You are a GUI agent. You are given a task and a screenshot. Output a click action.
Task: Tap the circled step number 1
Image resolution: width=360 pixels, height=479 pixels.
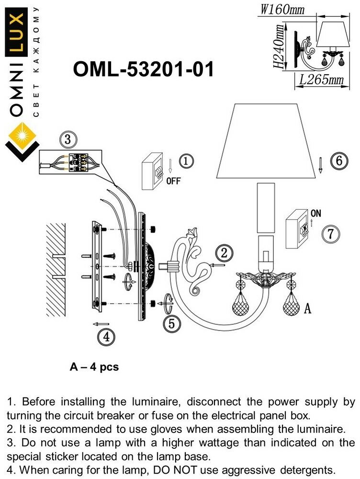pos(186,161)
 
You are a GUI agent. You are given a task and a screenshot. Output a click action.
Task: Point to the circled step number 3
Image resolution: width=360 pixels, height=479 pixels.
pos(67,140)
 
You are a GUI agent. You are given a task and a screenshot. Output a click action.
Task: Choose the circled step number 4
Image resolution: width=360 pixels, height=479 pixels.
pos(106,337)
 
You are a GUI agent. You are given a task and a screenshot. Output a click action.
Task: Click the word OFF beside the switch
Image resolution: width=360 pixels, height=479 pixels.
pos(173,182)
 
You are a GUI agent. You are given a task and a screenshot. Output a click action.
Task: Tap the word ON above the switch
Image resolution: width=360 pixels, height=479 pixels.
pos(316,213)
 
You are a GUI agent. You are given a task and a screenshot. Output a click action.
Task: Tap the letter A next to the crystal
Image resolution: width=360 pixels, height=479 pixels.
pos(307,309)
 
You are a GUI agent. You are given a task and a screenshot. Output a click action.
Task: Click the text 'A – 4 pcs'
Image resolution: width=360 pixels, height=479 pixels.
pos(94,367)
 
